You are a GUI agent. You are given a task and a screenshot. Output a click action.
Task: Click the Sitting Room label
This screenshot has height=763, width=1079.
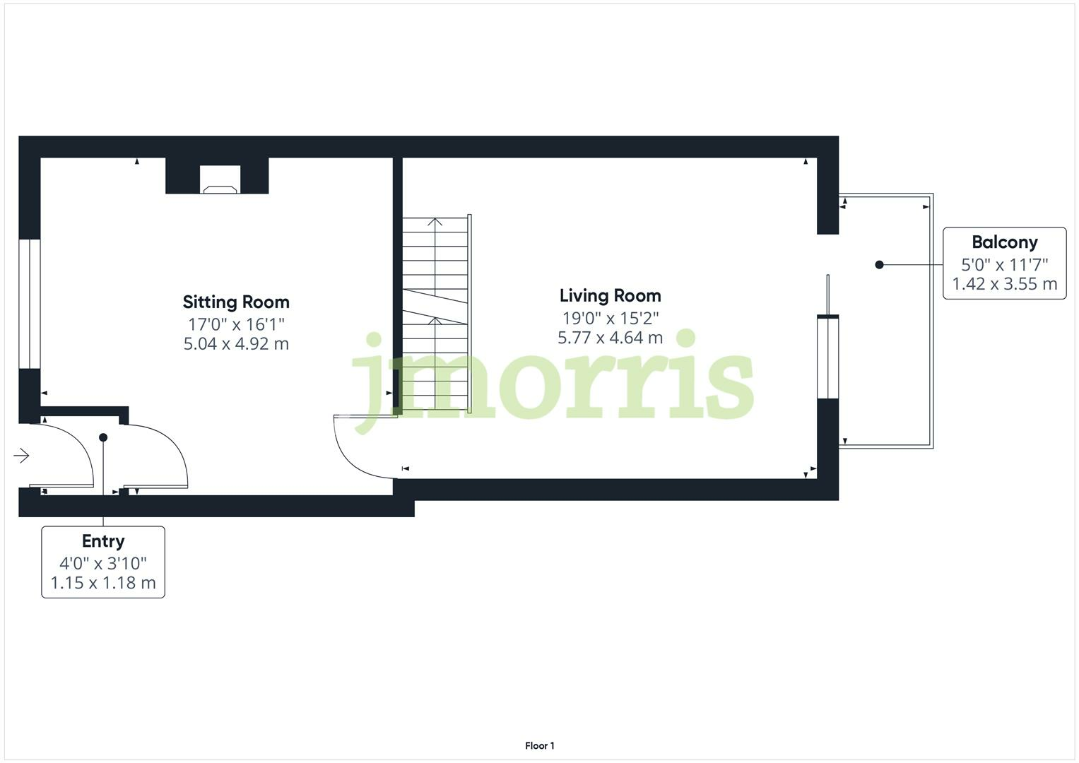tap(236, 302)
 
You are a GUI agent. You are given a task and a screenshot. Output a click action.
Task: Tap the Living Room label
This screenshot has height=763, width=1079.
tap(610, 296)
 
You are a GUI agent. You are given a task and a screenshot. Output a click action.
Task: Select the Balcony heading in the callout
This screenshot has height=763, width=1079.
tap(1004, 242)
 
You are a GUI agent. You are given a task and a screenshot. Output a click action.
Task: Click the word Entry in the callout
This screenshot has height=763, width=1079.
tap(103, 541)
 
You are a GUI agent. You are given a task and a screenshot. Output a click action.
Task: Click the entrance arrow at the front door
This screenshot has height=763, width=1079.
tap(21, 456)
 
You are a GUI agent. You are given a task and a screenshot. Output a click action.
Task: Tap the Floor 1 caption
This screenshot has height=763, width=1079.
tap(539, 746)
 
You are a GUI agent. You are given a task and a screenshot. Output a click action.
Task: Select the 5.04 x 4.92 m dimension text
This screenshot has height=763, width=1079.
tap(236, 344)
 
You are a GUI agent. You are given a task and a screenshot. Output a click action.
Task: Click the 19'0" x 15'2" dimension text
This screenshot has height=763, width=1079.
tap(610, 318)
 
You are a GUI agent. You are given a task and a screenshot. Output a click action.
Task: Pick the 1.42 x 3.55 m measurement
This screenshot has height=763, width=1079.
tap(1004, 284)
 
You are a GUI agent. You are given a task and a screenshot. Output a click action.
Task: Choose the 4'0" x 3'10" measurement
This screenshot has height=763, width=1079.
tap(103, 563)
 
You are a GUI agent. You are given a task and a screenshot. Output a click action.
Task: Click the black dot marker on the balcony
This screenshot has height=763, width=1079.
tap(879, 265)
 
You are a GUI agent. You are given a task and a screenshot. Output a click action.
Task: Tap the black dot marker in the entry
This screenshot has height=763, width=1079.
tap(103, 438)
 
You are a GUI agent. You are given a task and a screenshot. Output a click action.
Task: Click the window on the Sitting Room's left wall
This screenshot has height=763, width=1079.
tap(30, 304)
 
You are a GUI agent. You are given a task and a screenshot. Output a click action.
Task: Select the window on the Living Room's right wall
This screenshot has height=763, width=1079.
tap(827, 357)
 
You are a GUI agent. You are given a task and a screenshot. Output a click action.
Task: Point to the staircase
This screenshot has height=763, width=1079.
tap(435, 314)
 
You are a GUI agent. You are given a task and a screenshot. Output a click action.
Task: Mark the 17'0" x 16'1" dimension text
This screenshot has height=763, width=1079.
tap(236, 324)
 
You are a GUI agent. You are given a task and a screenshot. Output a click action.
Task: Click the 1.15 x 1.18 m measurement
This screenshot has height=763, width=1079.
tap(103, 583)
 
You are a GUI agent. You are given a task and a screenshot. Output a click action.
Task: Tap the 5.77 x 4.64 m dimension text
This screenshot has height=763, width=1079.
tap(610, 338)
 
